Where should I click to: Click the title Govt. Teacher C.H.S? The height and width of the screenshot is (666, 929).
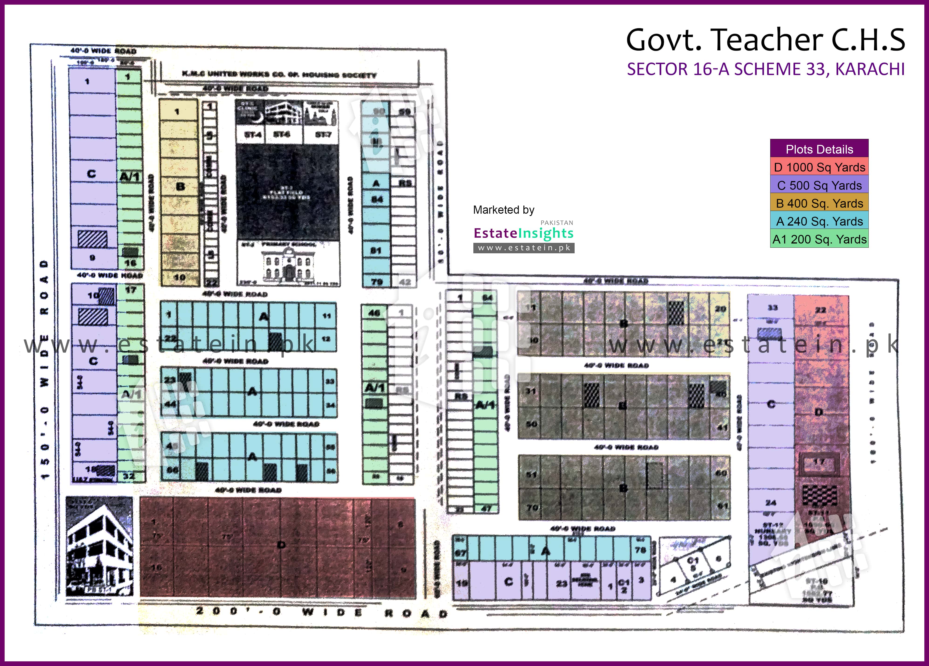tap(765, 40)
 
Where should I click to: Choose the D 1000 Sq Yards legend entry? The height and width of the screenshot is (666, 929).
tap(819, 167)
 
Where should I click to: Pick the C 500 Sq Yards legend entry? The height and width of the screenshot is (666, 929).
tap(819, 185)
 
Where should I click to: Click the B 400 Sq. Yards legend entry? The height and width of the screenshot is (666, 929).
tap(819, 203)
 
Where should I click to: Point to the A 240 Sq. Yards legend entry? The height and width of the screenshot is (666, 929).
tap(819, 221)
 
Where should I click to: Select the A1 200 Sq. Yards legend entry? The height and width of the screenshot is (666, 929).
tap(819, 239)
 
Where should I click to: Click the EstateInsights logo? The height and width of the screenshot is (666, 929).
tap(523, 233)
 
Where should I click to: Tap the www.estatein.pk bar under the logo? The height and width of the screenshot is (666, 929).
tap(523, 248)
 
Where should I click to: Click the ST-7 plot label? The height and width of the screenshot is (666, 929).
tap(323, 134)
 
